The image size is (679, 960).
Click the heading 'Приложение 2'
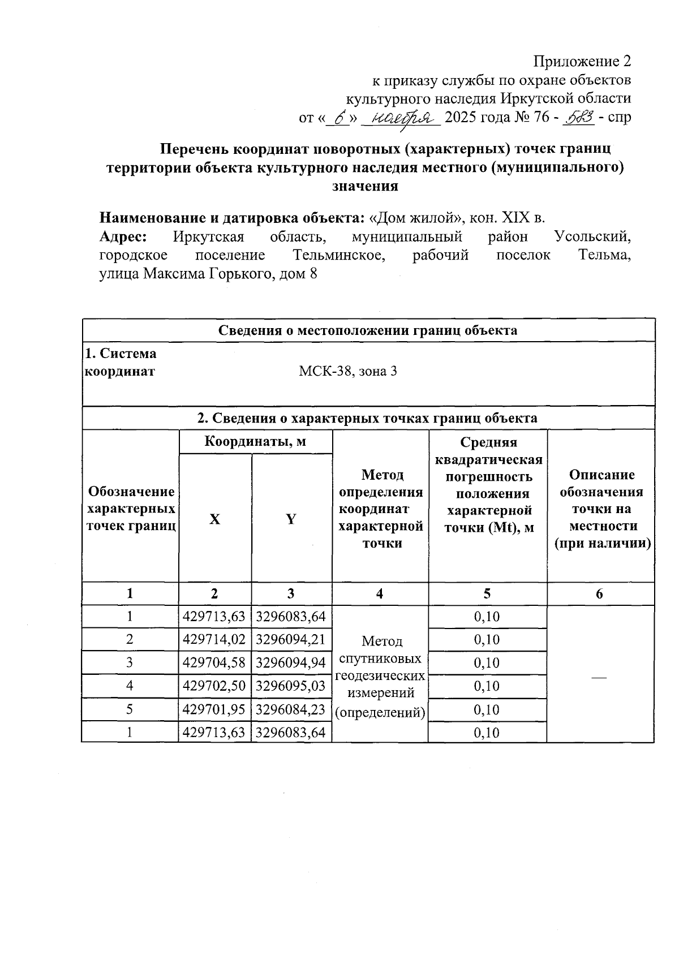click(x=582, y=61)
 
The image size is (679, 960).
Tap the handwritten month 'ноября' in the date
click(x=401, y=118)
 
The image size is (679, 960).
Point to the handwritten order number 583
click(x=579, y=118)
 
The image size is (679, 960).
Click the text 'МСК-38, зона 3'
click(x=348, y=372)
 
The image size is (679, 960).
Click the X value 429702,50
click(x=214, y=686)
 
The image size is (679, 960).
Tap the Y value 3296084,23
click(x=291, y=709)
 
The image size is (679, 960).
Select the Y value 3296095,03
click(x=291, y=686)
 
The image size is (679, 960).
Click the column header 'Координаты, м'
click(x=255, y=441)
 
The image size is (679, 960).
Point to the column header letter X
click(x=214, y=519)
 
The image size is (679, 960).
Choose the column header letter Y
click(x=291, y=519)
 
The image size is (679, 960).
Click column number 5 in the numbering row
click(x=487, y=593)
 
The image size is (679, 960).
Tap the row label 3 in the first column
click(x=130, y=662)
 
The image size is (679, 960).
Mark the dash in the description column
click(x=600, y=677)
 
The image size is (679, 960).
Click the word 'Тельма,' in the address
click(x=604, y=255)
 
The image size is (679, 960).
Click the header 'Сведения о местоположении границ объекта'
click(x=368, y=330)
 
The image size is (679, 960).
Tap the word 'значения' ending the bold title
click(x=365, y=186)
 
